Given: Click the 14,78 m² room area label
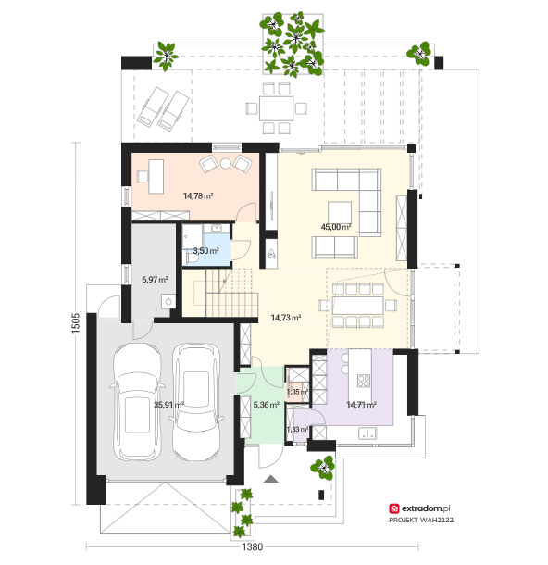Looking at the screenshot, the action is coord(198,196).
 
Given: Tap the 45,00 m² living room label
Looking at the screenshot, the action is coord(336,227).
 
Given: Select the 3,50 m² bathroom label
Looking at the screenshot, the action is coord(205,251).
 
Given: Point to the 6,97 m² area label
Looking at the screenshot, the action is coord(155,279).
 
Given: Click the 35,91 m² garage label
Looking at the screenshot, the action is coord(168,405).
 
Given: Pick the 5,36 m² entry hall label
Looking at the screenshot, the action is coord(266,405).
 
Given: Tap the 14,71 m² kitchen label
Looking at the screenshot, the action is coord(362,405).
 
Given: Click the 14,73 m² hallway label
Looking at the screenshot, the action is coord(286,318).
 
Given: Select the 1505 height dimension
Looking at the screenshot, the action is coord(76,323).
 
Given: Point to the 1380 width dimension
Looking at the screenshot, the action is coord(252,547).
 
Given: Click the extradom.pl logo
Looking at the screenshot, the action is coord(419,508).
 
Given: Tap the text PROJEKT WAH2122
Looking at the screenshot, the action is coord(421,520).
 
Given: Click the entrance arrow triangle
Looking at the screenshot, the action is coord(271,479).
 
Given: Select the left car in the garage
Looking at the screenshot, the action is coord(136,402).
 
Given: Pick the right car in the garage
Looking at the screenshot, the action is coord(196,402).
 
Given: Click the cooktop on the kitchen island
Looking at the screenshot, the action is coord(364,380).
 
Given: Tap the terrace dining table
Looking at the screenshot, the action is coord(276,108).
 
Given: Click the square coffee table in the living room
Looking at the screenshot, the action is coord(340,213).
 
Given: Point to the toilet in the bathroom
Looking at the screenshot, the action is coord(192,258).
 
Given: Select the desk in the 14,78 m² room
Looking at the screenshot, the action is coord(156,177).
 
